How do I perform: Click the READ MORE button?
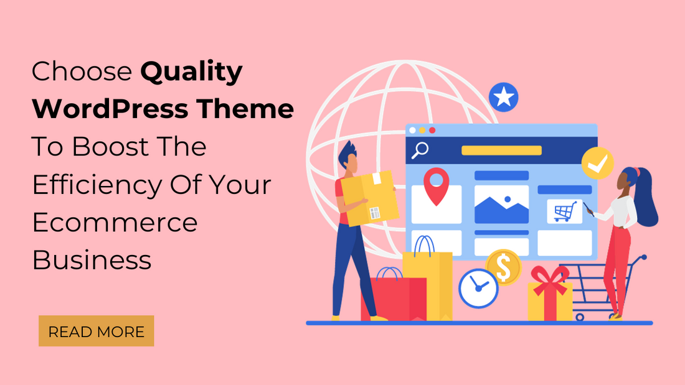96,331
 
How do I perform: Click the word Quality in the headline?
191,72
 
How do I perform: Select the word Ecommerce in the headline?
115,223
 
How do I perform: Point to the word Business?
92,260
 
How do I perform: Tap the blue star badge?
503,97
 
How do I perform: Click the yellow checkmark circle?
597,163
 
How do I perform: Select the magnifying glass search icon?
420,151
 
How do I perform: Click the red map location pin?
436,185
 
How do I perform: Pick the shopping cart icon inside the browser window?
565,211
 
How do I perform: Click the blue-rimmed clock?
478,289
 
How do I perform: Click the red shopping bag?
393,295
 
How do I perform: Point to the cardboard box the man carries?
370,198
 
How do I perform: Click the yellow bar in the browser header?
501,151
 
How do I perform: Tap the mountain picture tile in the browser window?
501,204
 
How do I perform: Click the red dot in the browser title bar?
432,130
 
